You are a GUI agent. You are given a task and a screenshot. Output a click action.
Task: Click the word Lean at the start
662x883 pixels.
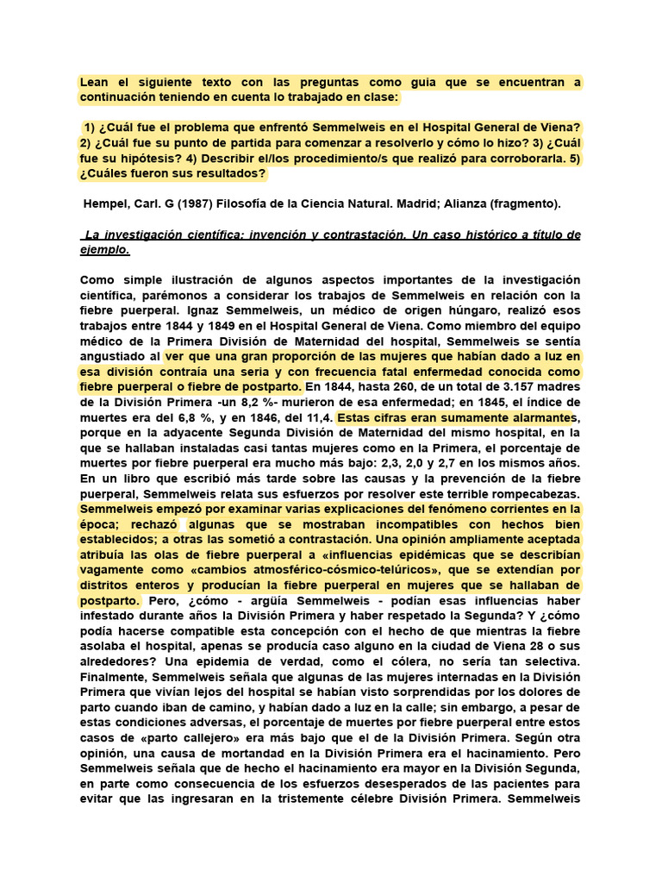[95, 83]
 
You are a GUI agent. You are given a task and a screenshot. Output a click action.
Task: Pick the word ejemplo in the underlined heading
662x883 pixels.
[103, 250]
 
